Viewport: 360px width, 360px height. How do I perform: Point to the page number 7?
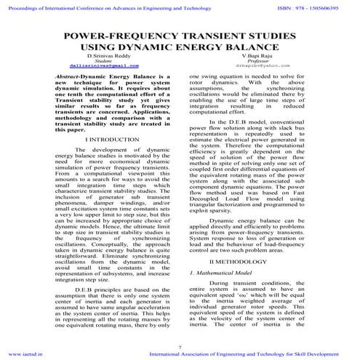point(180,347)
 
